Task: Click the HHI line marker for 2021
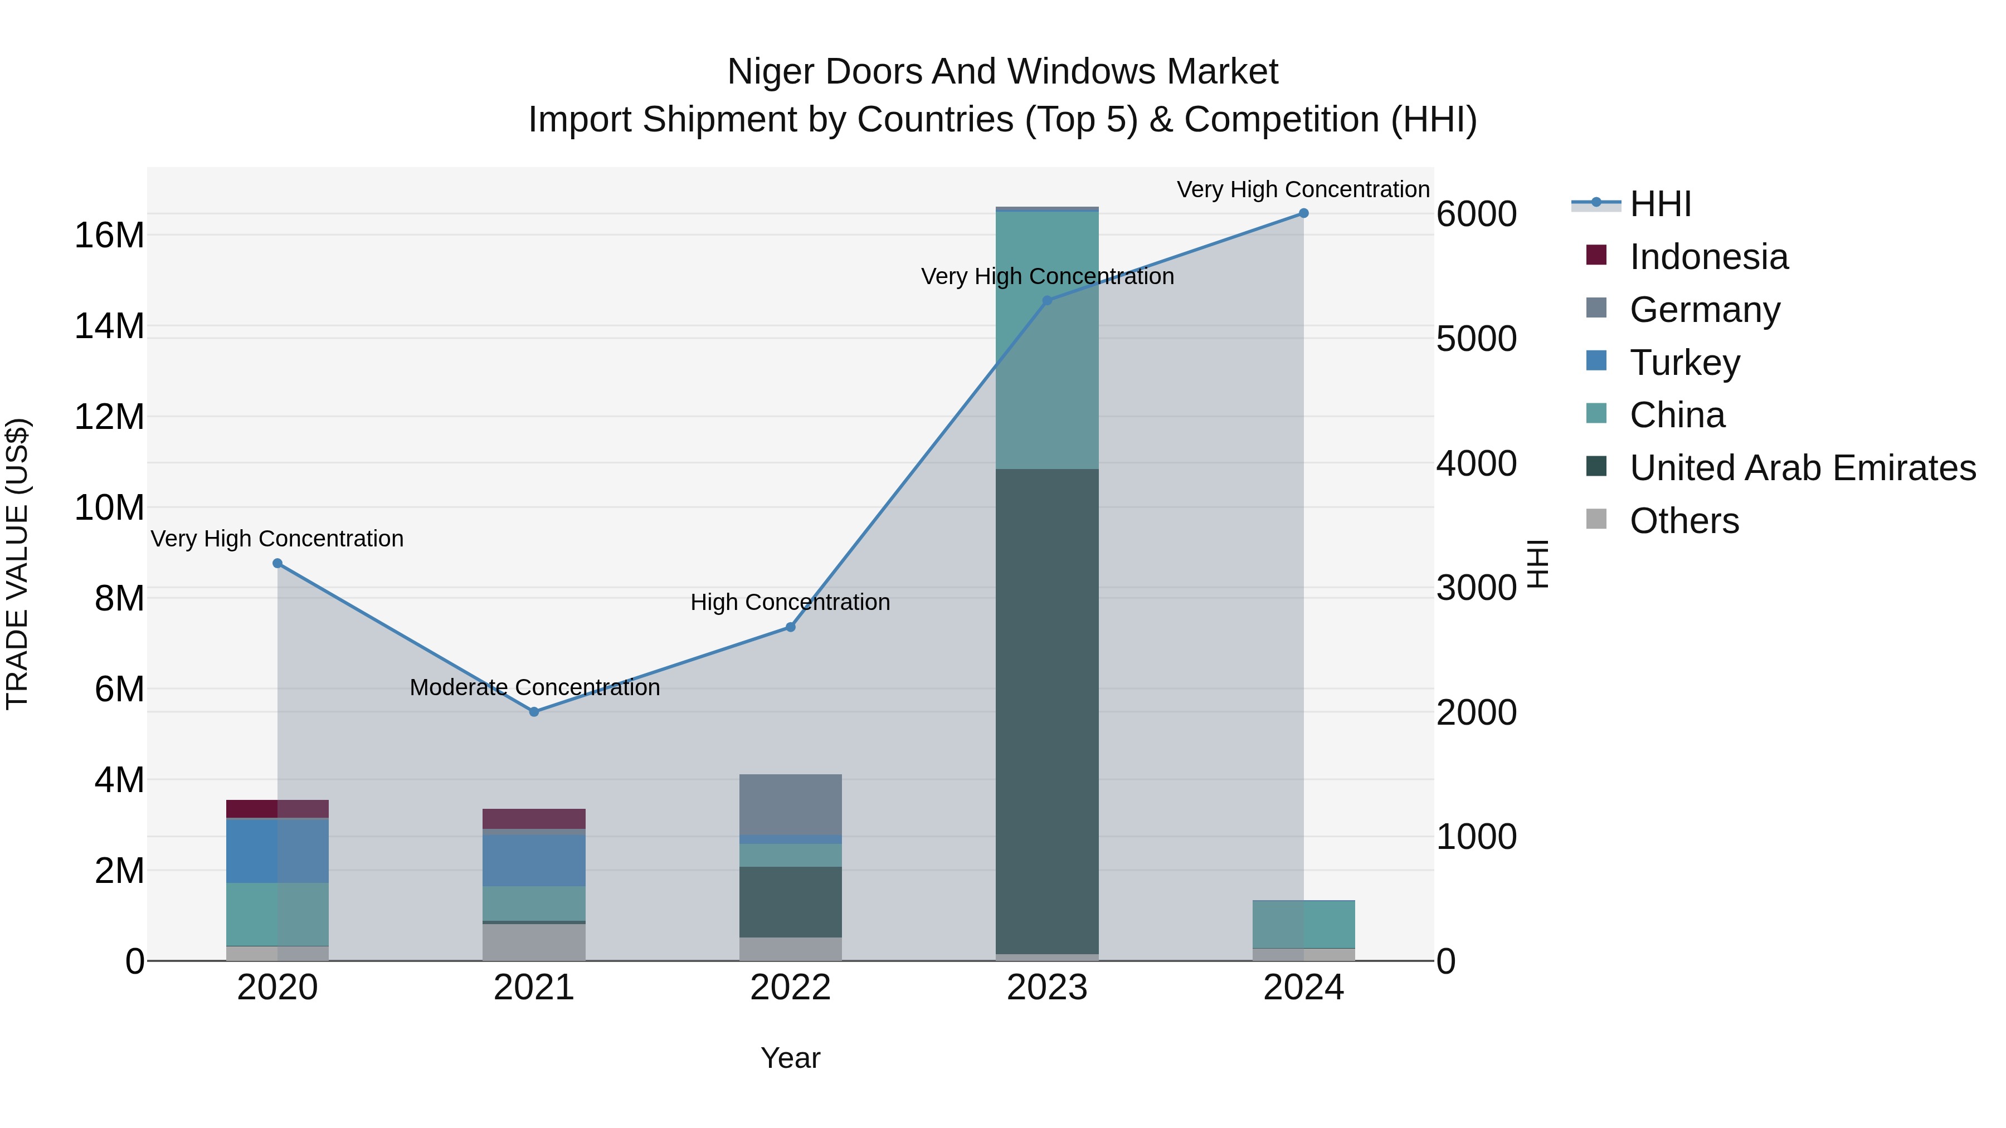[534, 711]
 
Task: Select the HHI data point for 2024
[1303, 213]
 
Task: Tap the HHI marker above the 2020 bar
[278, 563]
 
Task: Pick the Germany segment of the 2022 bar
[790, 804]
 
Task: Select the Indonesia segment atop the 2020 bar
[278, 809]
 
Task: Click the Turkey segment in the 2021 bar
[534, 860]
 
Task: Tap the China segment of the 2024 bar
[1303, 924]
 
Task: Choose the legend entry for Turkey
[1684, 363]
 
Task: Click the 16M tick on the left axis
[109, 235]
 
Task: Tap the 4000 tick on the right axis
[1476, 464]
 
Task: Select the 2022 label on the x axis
[790, 988]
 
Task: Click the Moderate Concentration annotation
[535, 687]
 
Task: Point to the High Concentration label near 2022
[790, 603]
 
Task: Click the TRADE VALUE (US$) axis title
[17, 564]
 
